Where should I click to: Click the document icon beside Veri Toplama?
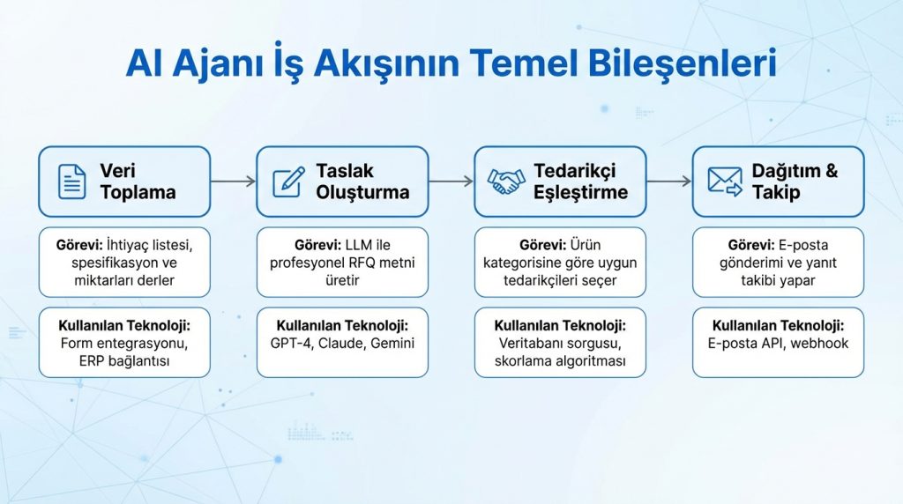tap(71, 182)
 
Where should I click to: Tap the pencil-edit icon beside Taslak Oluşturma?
tap(288, 182)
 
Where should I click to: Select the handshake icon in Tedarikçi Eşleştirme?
tap(506, 182)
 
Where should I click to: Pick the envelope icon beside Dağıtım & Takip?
tap(724, 182)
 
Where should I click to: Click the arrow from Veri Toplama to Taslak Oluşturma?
tap(234, 182)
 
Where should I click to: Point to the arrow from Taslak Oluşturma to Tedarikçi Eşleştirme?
tap(451, 182)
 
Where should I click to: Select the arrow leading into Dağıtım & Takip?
tap(669, 182)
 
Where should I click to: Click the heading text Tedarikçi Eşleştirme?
tap(580, 182)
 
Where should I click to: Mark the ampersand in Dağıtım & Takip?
tap(831, 172)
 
